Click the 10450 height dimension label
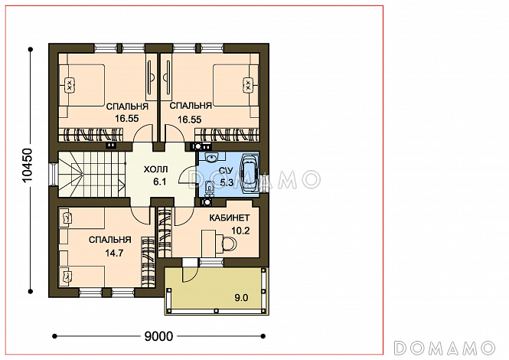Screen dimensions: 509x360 28,165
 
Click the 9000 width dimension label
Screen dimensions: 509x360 158,336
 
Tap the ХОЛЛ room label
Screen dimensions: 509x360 156,169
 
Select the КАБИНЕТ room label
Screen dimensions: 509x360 230,218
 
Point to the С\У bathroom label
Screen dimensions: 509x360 226,170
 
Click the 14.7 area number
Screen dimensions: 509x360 114,253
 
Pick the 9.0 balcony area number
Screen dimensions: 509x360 241,298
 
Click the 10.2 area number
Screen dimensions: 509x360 240,231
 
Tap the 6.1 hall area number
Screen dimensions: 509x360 160,182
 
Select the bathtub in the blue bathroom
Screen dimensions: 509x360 250,174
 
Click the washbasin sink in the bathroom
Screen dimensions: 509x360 212,158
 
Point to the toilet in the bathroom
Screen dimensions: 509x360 209,187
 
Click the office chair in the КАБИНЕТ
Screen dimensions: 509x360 229,243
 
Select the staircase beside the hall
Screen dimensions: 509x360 92,174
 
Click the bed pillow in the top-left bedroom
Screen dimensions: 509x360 69,85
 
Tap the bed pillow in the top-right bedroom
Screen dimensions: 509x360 248,85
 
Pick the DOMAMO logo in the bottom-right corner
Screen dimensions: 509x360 445,348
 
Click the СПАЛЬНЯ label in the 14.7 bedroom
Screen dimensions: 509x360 110,240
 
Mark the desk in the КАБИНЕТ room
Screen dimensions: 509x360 208,243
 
